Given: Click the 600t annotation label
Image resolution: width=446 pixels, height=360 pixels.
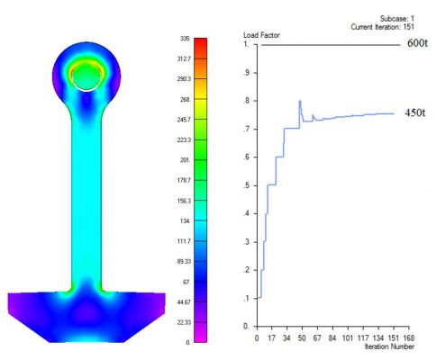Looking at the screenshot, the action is pyautogui.click(x=417, y=43).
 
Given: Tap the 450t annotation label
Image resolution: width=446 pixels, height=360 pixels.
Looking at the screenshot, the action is pyautogui.click(x=414, y=112).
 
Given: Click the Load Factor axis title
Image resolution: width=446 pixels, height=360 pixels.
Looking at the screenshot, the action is pyautogui.click(x=261, y=35).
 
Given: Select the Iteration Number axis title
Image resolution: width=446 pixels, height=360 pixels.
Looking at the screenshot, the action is pyautogui.click(x=389, y=346).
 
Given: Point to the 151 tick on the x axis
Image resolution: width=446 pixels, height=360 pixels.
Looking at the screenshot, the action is pyautogui.click(x=394, y=338).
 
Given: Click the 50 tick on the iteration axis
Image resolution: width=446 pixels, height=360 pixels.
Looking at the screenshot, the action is pyautogui.click(x=302, y=338).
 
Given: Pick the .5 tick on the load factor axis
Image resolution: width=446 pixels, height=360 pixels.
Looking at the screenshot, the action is pyautogui.click(x=247, y=185).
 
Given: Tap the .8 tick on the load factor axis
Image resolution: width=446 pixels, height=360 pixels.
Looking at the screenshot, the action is pyautogui.click(x=247, y=101).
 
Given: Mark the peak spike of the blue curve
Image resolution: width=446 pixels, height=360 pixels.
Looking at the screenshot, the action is pyautogui.click(x=300, y=101).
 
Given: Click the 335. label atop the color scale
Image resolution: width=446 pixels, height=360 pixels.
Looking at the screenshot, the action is pyautogui.click(x=185, y=39).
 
